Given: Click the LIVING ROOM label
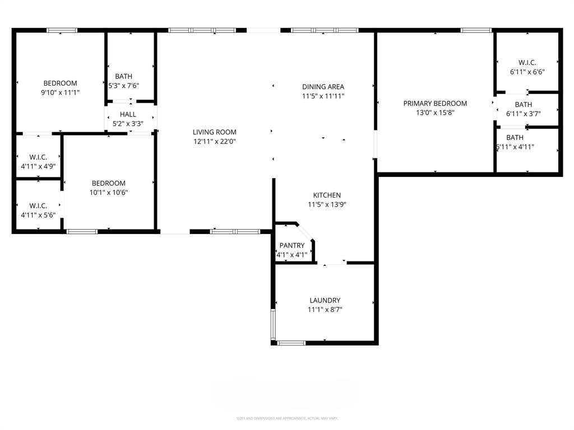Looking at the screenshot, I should [x=214, y=132].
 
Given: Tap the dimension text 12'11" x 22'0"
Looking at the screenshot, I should [x=214, y=142].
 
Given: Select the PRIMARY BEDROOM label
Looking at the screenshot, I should [x=435, y=103].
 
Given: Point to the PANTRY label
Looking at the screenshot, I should [x=292, y=245].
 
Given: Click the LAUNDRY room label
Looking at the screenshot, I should [x=325, y=300].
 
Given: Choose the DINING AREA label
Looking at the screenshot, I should [x=323, y=87].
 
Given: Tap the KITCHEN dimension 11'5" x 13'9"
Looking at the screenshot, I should [x=327, y=204].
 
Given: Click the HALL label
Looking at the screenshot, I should [x=128, y=114].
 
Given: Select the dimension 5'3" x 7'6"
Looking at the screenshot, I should [x=124, y=86].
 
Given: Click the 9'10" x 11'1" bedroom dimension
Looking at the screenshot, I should [x=61, y=92].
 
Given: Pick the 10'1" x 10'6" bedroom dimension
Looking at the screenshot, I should [x=109, y=193].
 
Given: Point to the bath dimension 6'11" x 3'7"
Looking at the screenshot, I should [x=527, y=114].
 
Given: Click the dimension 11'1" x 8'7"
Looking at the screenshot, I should [x=325, y=310].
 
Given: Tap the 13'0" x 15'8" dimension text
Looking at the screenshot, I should [x=435, y=113].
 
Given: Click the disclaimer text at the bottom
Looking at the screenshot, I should [x=287, y=418].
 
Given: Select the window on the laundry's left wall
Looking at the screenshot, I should [x=273, y=324].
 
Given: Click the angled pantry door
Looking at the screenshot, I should [x=306, y=232].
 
